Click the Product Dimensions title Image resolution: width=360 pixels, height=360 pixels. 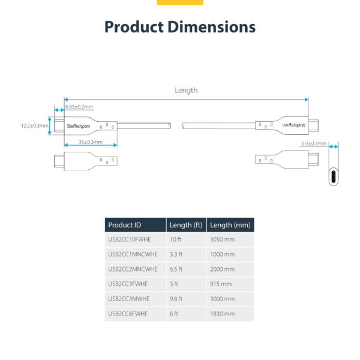180,27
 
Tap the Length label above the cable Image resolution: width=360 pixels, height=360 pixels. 186,90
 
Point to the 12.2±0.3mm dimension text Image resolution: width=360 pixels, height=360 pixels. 34,125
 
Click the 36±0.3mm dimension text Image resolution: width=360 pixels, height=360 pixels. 91,142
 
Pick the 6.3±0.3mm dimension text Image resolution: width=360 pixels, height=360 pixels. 314,143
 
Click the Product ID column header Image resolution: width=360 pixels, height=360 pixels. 125,225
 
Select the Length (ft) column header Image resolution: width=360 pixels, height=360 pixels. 185,225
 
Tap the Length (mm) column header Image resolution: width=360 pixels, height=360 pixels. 230,225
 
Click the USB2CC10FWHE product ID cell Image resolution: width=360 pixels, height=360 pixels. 128,239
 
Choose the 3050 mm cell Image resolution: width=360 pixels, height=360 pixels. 223,239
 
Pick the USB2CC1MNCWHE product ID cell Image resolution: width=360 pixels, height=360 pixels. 132,254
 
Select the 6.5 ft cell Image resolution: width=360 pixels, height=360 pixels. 176,269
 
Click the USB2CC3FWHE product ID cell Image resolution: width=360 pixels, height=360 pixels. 127,284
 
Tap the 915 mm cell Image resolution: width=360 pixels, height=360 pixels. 220,284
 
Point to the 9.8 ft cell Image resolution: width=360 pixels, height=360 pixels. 176,299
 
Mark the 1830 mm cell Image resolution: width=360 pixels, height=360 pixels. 223,313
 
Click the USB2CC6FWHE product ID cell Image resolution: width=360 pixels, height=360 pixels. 127,313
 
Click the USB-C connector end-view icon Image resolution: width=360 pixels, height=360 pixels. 334,176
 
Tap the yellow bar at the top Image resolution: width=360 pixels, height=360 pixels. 180,2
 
